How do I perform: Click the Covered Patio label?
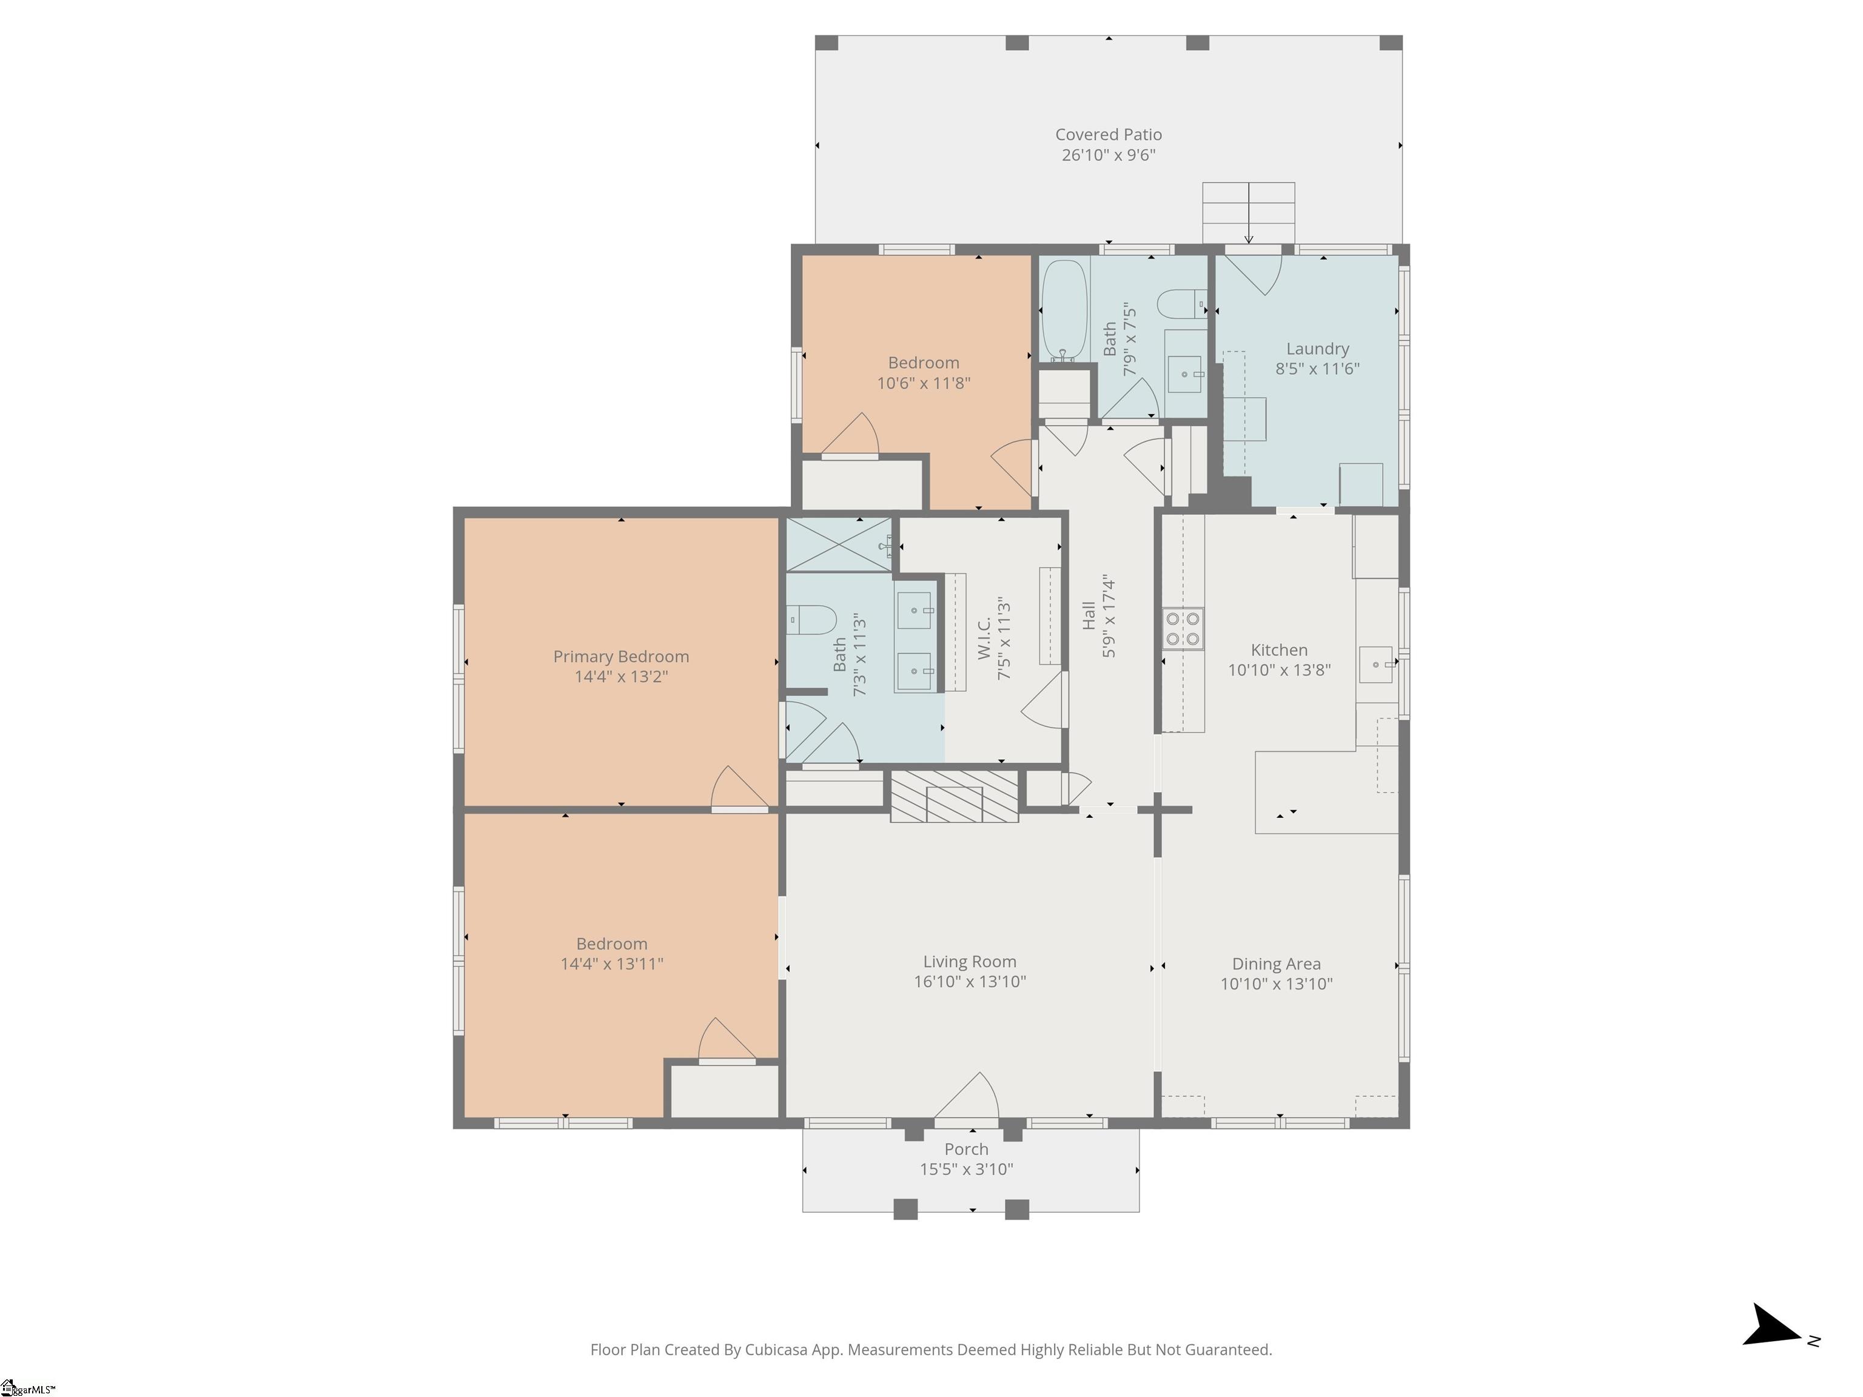click(x=1109, y=135)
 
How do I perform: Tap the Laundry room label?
click(x=1317, y=349)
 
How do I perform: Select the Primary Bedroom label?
click(x=621, y=657)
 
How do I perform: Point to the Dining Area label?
click(x=1276, y=964)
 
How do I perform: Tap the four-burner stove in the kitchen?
click(x=1183, y=629)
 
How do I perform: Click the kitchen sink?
click(x=1376, y=665)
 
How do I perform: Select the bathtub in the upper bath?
click(x=1064, y=310)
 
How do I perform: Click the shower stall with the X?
click(x=839, y=545)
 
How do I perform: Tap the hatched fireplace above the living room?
click(x=954, y=796)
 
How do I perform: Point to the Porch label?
click(x=966, y=1150)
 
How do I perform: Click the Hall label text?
click(x=1088, y=615)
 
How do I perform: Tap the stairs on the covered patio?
click(x=1248, y=213)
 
